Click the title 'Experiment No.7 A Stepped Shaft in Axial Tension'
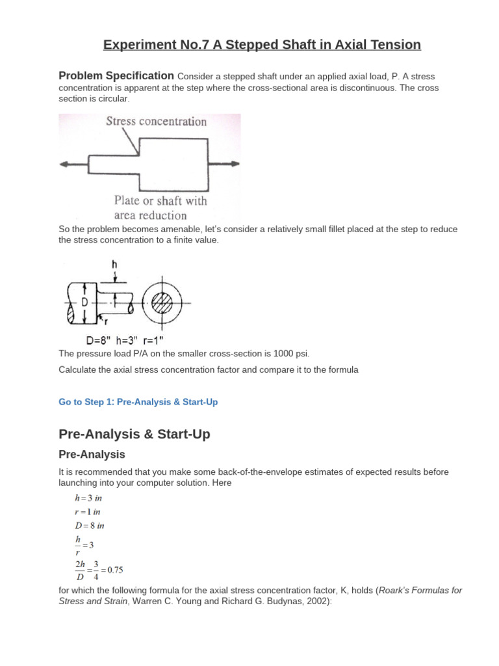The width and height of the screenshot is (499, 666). click(262, 45)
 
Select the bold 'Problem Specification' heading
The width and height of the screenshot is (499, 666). click(116, 75)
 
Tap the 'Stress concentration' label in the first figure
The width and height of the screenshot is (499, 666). click(157, 122)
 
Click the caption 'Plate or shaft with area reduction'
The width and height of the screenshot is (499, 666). click(160, 208)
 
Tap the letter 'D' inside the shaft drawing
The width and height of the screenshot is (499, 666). click(84, 303)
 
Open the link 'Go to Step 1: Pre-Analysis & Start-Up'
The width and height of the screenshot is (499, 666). click(138, 402)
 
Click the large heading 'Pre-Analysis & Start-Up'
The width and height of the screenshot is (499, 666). click(134, 434)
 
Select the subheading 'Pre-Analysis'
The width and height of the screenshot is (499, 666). click(92, 455)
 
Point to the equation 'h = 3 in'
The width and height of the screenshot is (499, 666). click(88, 498)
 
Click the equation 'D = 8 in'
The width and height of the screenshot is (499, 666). click(89, 526)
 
